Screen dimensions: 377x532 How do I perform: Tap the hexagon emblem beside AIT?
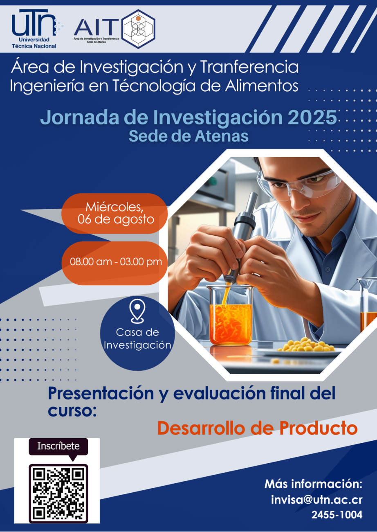pos(139,29)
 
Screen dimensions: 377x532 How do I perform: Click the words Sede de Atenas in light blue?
pos(188,136)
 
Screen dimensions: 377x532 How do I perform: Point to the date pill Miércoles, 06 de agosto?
pos(114,214)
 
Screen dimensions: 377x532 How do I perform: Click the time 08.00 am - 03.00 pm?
pos(116,262)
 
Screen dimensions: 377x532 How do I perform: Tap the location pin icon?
pos(137,311)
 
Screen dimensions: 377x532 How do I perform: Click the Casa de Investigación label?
pos(137,338)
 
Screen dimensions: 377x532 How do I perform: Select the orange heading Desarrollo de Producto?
pos(258,428)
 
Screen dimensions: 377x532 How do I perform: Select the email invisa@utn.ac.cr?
pos(317,499)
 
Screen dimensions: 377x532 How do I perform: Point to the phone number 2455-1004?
pos(337,515)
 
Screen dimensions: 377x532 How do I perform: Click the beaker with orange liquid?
pos(230,316)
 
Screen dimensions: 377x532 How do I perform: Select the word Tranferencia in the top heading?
pos(249,67)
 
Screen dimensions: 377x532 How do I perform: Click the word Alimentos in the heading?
pos(262,86)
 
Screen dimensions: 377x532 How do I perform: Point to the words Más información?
pos(313,484)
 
